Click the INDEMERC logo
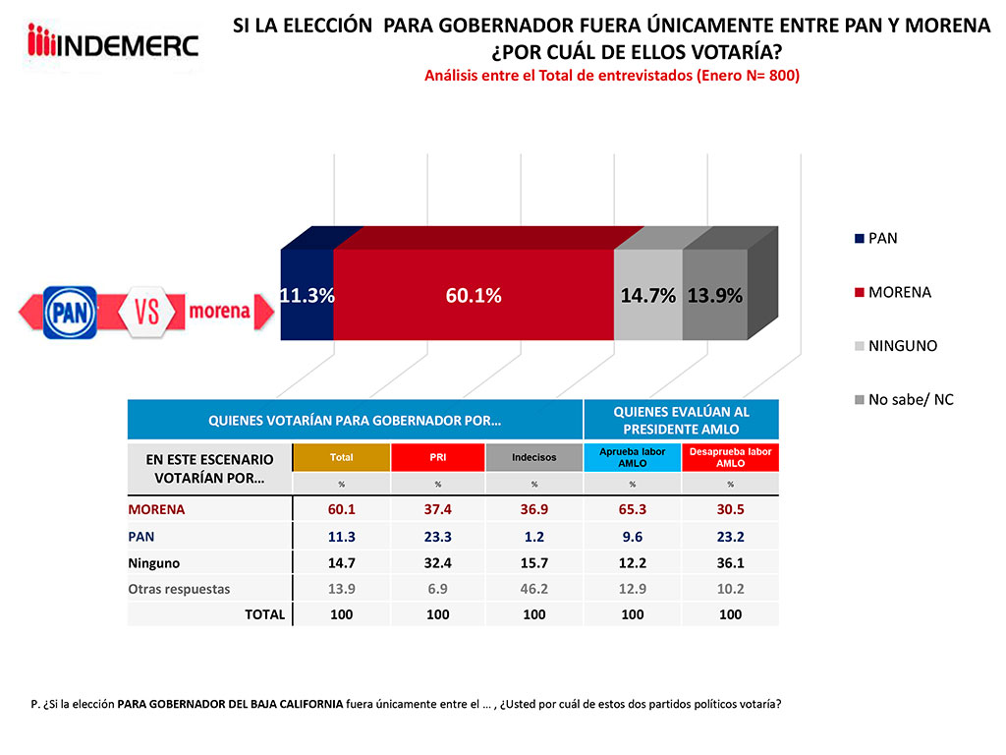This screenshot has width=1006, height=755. click(x=114, y=44)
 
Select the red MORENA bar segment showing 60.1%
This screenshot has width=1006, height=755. click(x=474, y=295)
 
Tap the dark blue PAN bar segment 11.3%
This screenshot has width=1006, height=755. click(x=307, y=295)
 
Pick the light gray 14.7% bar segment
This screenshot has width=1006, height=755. click(x=647, y=295)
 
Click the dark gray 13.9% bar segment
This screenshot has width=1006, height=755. click(x=714, y=295)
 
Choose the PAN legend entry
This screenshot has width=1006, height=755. click(x=876, y=238)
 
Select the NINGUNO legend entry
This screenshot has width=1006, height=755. click(x=896, y=346)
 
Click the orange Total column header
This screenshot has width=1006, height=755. click(x=342, y=457)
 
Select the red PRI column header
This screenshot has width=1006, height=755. click(x=437, y=457)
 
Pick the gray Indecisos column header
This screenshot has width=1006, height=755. click(x=534, y=457)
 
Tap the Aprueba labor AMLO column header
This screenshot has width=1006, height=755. click(x=632, y=457)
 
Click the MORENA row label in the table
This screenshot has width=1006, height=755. click(x=157, y=509)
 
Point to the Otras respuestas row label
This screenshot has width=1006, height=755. click(x=179, y=588)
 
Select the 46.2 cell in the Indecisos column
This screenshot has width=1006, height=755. click(x=534, y=588)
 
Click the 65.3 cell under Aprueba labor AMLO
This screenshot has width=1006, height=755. click(x=633, y=509)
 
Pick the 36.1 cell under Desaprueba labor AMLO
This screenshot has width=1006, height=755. click(x=730, y=562)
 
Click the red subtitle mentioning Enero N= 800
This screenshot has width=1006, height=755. click(x=611, y=76)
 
